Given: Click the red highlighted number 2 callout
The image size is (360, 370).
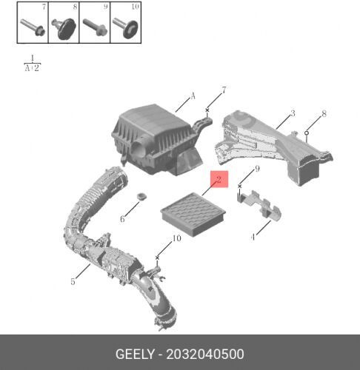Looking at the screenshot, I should click(x=219, y=178).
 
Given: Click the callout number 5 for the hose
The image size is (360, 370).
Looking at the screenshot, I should click(x=73, y=281).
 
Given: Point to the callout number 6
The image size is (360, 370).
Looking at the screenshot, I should click(x=123, y=219).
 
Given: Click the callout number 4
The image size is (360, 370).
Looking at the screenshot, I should click(x=253, y=238).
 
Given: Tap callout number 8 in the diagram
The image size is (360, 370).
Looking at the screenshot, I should click(x=323, y=114).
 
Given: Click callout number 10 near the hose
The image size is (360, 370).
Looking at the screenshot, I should click(x=176, y=238).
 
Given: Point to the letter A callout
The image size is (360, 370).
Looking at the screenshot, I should click(x=193, y=95).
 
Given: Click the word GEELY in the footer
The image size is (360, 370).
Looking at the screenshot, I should click(x=133, y=354).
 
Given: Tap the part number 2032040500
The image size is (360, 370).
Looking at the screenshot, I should click(x=205, y=354).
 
